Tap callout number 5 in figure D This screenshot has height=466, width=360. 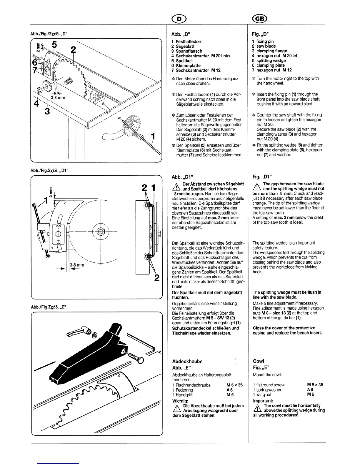pyautogui.click(x=54, y=45)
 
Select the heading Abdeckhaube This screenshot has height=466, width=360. pyautogui.click(x=187, y=361)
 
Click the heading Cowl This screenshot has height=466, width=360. pyautogui.click(x=258, y=361)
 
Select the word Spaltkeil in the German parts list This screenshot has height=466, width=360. pyautogui.click(x=184, y=61)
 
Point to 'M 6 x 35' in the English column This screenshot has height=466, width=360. pyautogui.click(x=315, y=385)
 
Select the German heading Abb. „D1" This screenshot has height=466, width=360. pyautogui.click(x=182, y=177)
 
